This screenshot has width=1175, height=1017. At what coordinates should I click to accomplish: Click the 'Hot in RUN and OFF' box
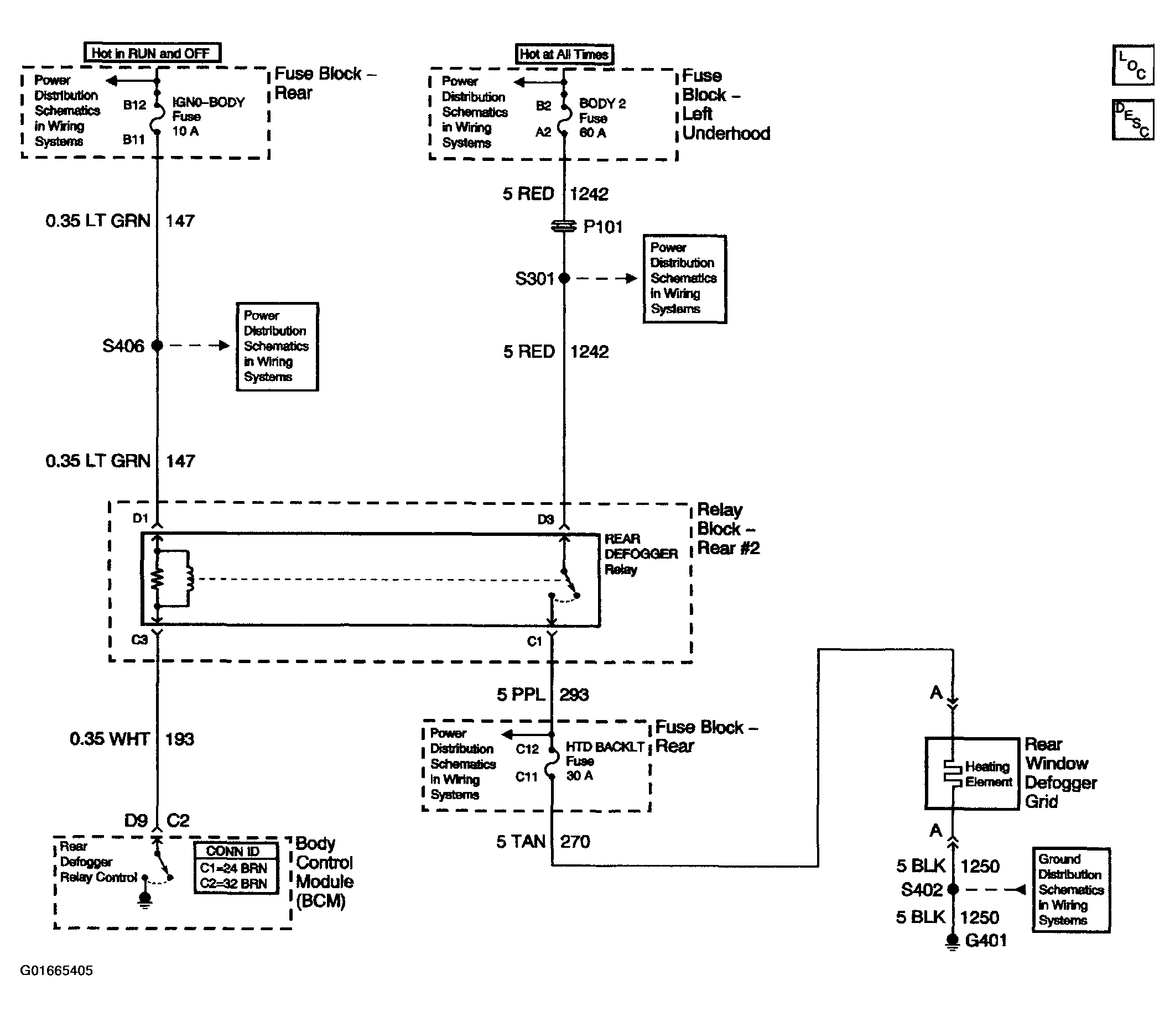pyautogui.click(x=152, y=53)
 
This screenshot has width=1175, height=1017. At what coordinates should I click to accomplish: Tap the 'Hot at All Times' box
pyautogui.click(x=564, y=54)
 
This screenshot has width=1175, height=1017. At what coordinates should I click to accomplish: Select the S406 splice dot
pyautogui.click(x=157, y=345)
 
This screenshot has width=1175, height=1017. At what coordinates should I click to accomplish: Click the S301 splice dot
pyautogui.click(x=564, y=278)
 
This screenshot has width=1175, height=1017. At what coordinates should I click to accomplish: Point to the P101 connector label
pyautogui.click(x=603, y=227)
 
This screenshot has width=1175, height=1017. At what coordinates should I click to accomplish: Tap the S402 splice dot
pyautogui.click(x=953, y=889)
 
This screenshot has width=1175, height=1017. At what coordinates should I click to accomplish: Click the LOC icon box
pyautogui.click(x=1133, y=65)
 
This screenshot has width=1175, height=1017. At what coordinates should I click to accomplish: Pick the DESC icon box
pyautogui.click(x=1133, y=119)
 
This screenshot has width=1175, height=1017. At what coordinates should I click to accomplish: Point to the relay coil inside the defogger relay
pyautogui.click(x=189, y=579)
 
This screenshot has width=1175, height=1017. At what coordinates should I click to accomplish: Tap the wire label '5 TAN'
pyautogui.click(x=521, y=842)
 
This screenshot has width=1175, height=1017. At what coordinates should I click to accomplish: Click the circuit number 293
pyautogui.click(x=574, y=695)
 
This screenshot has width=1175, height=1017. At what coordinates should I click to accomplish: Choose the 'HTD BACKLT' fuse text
pyautogui.click(x=605, y=747)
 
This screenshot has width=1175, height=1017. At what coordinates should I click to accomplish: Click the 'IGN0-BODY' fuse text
pyautogui.click(x=209, y=102)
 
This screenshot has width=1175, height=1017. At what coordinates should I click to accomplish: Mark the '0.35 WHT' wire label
pyautogui.click(x=110, y=739)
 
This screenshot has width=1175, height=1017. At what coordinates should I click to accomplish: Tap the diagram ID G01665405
pyautogui.click(x=56, y=971)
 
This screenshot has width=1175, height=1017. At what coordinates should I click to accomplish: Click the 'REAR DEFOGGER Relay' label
pyautogui.click(x=641, y=554)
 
